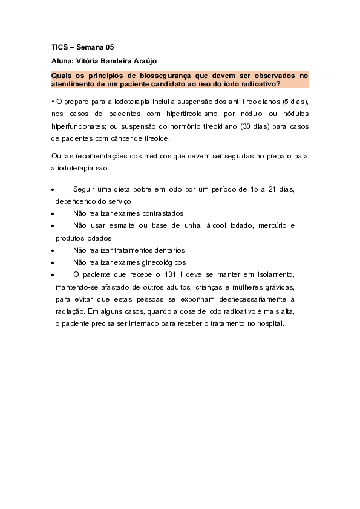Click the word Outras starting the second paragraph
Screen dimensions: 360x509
(62, 157)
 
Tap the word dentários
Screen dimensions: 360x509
(166, 250)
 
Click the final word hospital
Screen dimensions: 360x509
(267, 323)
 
